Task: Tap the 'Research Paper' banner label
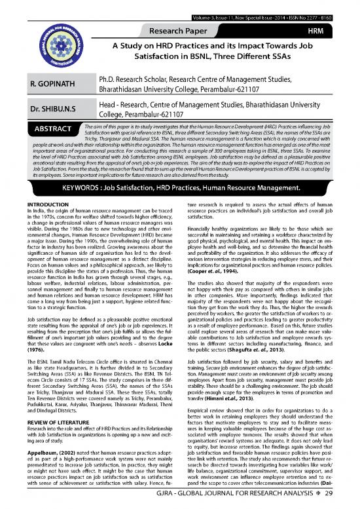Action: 209,31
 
